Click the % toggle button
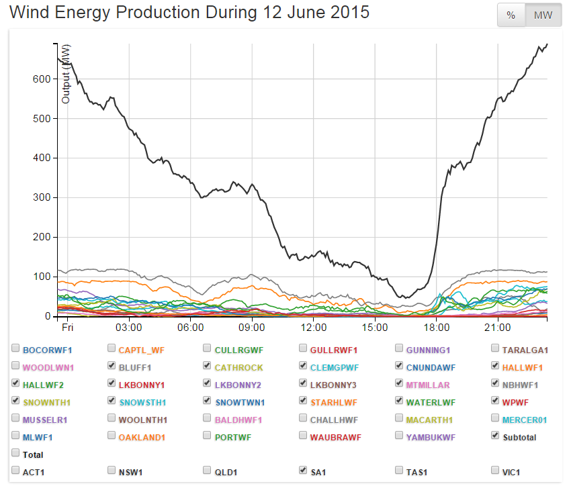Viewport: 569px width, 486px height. click(x=511, y=15)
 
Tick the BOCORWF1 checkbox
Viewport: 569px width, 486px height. click(x=15, y=349)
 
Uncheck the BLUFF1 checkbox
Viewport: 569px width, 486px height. click(x=112, y=367)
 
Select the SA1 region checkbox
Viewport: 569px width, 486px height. click(x=304, y=471)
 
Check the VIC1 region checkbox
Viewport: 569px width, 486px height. click(x=496, y=471)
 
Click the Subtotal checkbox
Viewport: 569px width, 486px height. click(x=496, y=436)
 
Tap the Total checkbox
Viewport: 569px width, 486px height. click(x=15, y=454)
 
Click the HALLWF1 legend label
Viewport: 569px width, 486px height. click(x=523, y=367)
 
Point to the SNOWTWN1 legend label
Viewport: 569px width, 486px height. click(x=240, y=402)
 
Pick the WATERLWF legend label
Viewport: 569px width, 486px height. click(x=431, y=402)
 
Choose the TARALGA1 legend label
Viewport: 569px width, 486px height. click(x=525, y=350)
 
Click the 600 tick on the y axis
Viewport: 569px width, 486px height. click(x=42, y=79)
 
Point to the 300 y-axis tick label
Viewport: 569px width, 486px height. click(x=42, y=198)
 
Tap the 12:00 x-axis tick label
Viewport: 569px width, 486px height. click(x=314, y=328)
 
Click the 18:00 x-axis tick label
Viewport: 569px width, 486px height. click(x=437, y=328)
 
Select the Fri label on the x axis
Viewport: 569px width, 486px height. click(x=67, y=328)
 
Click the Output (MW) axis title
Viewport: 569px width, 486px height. click(x=66, y=74)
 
